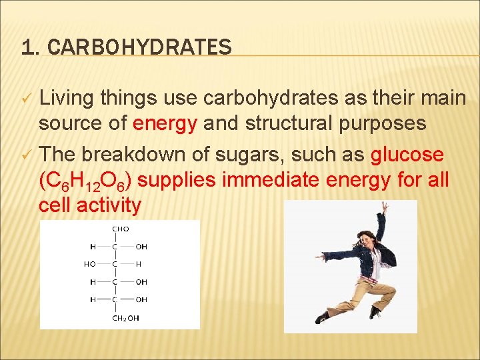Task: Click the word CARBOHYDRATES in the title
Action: pos(140,47)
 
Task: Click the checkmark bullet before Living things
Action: pos(26,99)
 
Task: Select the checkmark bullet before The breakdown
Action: pos(26,155)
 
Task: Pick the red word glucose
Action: pos(407,155)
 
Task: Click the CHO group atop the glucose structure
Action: pos(121,229)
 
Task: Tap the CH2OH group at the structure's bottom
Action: pos(125,318)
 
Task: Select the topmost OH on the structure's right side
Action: pos(141,247)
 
